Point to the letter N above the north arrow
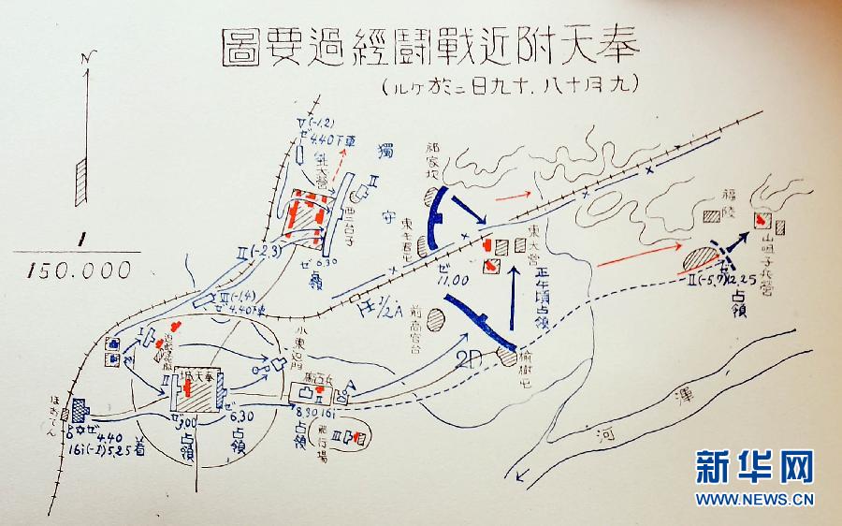pyautogui.click(x=87, y=63)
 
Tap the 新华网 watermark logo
pyautogui.click(x=753, y=466)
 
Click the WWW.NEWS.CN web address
pyautogui.click(x=753, y=499)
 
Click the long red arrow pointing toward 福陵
pyautogui.click(x=636, y=255)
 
